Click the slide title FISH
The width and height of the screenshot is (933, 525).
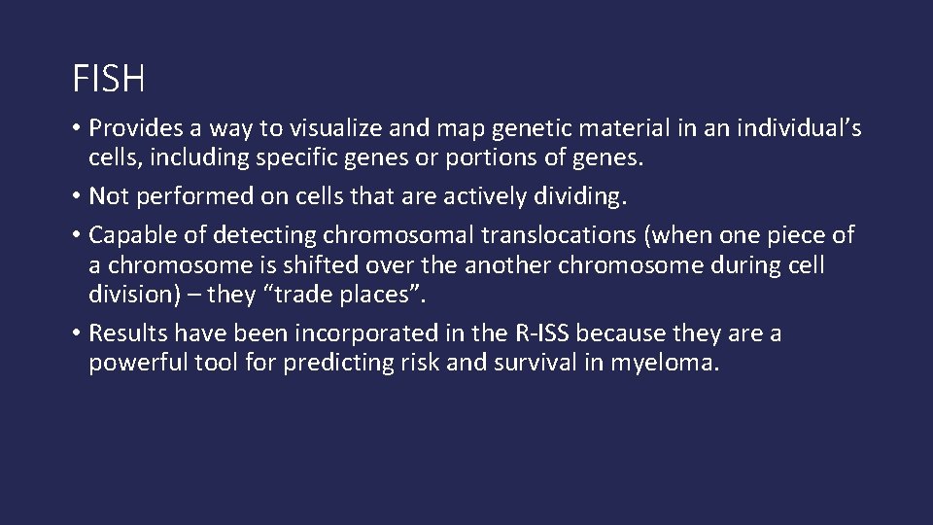pos(109,80)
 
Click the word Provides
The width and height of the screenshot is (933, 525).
pos(133,131)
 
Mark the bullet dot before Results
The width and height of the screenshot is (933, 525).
pos(76,334)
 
